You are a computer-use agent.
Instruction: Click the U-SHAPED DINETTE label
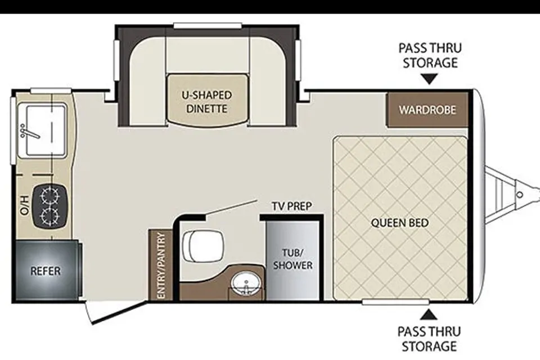click(206, 102)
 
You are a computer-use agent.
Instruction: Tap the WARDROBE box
click(427, 110)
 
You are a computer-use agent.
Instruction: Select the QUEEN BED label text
click(400, 223)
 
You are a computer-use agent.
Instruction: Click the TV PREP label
click(292, 206)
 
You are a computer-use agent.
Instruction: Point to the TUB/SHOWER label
click(292, 259)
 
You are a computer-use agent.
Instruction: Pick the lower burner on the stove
click(50, 216)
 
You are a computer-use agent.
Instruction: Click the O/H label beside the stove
click(24, 205)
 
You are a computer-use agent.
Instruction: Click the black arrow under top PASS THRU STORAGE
click(429, 79)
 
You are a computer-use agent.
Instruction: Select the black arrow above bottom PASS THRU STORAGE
click(429, 314)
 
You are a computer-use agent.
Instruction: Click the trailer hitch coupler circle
click(520, 195)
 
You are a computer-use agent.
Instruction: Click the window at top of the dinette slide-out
click(208, 26)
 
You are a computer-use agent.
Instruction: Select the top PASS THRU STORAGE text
click(430, 56)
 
